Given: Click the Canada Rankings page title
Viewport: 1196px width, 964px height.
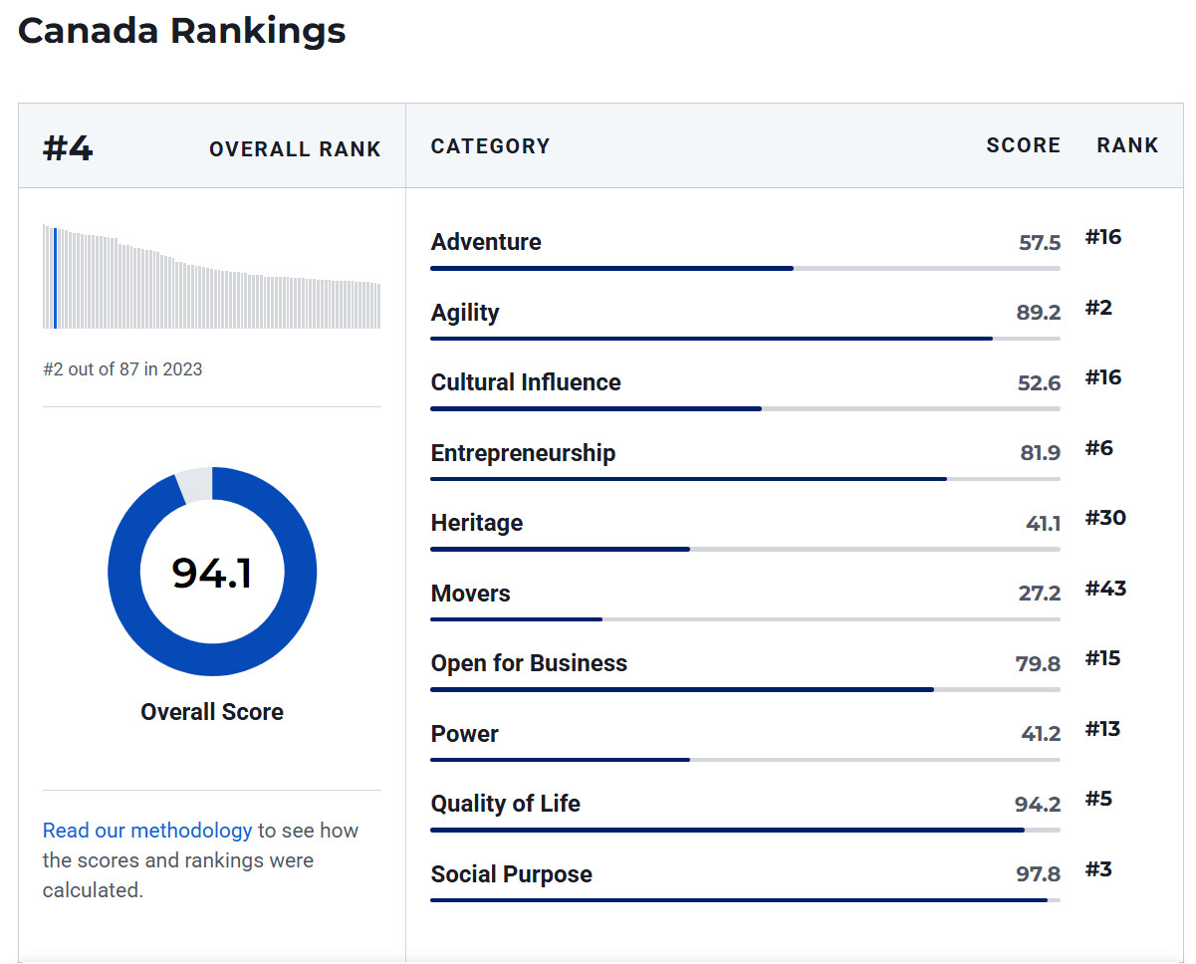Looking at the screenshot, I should point(182,31).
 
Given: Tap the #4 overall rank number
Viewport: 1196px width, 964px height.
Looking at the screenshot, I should point(68,148).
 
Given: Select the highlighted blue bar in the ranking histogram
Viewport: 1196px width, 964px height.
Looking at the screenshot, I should point(55,278).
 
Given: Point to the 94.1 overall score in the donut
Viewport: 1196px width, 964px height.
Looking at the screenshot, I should point(212,573).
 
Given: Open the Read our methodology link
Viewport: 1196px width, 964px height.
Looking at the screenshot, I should point(147,831).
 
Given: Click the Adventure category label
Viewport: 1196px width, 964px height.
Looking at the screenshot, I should point(486,242).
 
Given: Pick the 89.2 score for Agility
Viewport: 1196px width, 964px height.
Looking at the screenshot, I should point(1038,313).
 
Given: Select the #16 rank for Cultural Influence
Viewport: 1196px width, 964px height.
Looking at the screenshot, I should point(1102,377).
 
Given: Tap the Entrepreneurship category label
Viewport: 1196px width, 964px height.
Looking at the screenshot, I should point(523,453).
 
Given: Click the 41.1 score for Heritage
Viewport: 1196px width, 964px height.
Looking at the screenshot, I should point(1043,523).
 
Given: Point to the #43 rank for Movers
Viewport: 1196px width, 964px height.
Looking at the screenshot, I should point(1105,589).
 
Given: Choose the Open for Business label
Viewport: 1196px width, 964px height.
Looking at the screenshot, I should point(529,663).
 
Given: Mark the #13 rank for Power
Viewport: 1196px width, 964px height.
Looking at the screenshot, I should point(1102,729).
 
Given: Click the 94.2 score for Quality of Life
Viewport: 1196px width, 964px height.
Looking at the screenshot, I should point(1038,805).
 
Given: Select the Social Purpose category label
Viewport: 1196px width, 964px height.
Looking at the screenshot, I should point(511,874).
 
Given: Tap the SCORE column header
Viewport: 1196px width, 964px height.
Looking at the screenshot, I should point(1023,145).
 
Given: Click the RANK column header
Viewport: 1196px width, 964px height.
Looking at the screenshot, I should point(1127,145).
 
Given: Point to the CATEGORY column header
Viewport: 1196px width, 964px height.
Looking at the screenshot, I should point(490,146).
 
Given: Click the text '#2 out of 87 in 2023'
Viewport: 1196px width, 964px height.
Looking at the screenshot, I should point(122,369).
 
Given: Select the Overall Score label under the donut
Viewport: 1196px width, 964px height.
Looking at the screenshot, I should point(212,712).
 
